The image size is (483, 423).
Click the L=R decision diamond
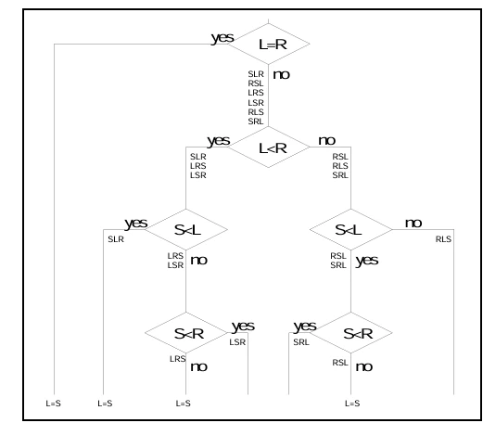coord(268,44)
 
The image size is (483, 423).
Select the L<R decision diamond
coord(268,147)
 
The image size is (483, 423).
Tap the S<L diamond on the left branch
coord(186,229)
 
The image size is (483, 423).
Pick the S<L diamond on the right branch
coord(350,229)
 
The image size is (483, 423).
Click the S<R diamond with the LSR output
coord(186,333)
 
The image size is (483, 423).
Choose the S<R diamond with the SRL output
coord(350,333)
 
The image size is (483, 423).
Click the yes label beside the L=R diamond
coord(222,38)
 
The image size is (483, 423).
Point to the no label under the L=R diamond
coord(281,74)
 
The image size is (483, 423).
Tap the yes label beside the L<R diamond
coord(219,141)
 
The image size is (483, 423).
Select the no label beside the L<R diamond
coord(326,141)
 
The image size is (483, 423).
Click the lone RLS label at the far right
coord(443,239)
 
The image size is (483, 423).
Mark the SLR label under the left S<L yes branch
coord(116,239)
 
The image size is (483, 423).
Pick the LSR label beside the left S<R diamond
coord(237,342)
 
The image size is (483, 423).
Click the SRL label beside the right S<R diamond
coord(301,342)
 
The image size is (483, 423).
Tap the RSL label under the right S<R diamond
coord(340,363)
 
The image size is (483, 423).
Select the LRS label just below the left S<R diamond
coord(178,359)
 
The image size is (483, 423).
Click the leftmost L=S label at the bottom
coord(54,404)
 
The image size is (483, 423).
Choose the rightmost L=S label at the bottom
coord(352,404)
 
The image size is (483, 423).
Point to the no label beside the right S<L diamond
coord(413,224)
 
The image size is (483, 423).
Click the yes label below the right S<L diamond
coord(367,261)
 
